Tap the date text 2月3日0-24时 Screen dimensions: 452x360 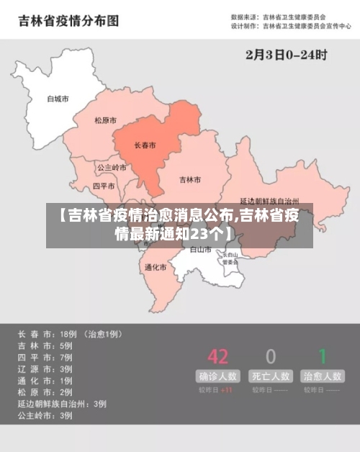(286, 54)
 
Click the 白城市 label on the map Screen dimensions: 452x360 (58, 99)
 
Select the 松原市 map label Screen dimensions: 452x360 (106, 120)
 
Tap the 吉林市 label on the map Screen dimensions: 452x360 (190, 179)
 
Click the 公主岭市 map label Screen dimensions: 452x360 (112, 167)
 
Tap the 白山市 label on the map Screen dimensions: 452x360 (200, 250)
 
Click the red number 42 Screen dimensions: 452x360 (217, 356)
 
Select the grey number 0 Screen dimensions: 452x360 (271, 356)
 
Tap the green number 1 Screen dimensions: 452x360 (323, 356)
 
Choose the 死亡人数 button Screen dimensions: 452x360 (271, 376)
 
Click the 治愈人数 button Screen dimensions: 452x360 (323, 376)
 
